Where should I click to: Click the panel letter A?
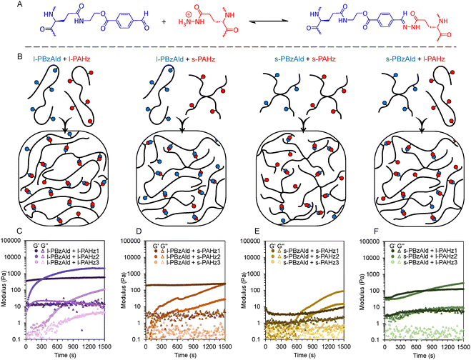coord(5,6)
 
